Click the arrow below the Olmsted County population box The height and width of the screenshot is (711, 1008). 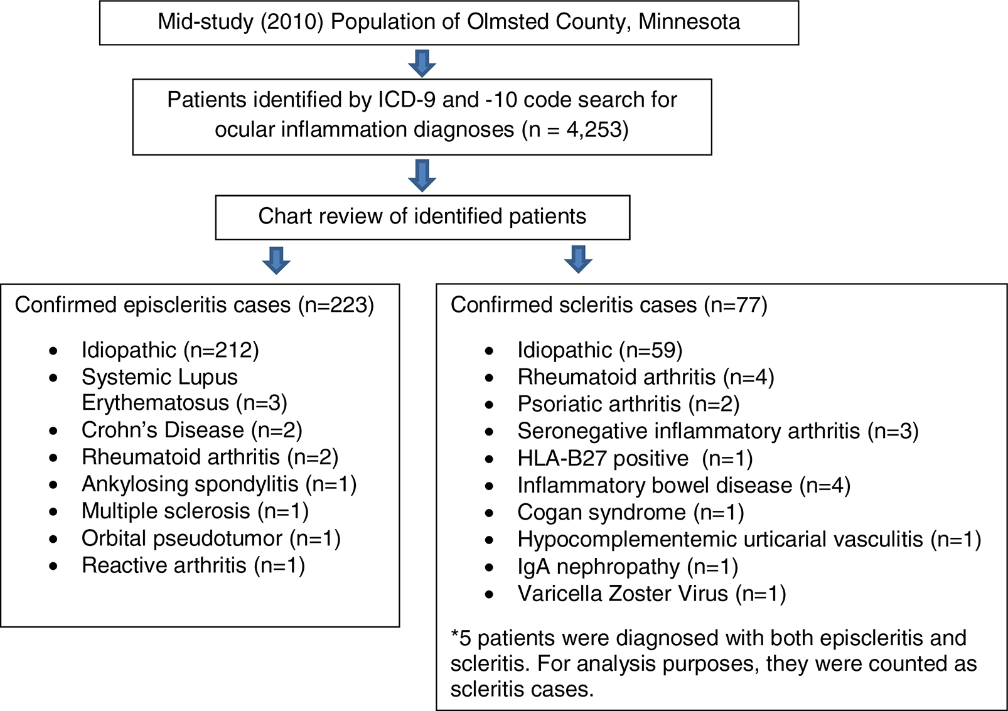pos(422,63)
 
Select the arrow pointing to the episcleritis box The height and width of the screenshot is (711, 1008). pos(276,260)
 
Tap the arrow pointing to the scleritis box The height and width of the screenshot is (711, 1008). pos(578,259)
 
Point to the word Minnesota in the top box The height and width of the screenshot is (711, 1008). pos(689,22)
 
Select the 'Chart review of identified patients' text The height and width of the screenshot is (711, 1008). pos(422,217)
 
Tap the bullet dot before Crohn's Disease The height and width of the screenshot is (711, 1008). pos(54,431)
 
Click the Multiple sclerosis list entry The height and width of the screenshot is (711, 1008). pos(195,511)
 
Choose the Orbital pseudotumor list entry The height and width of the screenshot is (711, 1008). pos(210,538)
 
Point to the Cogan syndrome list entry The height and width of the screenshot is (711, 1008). pos(630,513)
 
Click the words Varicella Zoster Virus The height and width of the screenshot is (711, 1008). pos(622,594)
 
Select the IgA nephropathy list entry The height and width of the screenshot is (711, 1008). pos(627,567)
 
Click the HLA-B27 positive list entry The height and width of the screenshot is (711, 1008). pos(635,459)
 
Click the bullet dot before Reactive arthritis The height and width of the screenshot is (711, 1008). pos(54,567)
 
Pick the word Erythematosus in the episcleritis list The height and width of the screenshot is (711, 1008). pos(155,403)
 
